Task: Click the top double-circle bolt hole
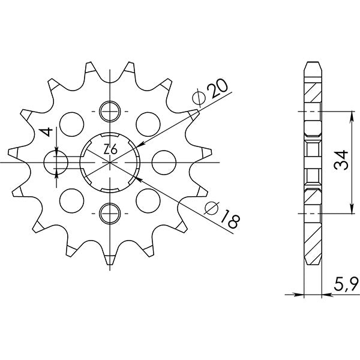(111, 112)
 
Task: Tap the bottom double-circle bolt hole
(111, 212)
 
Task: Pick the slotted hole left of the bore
(59, 162)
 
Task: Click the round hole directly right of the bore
(161, 162)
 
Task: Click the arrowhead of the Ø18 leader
(137, 178)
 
